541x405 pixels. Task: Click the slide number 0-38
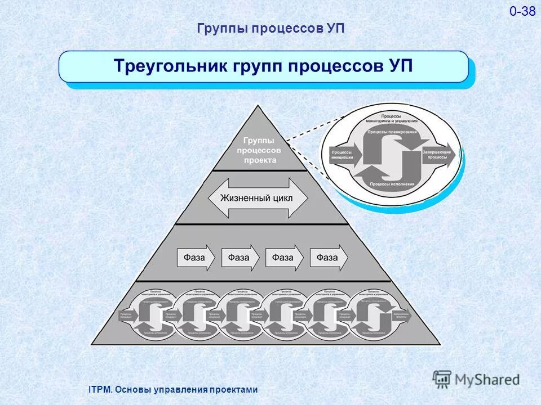point(522,11)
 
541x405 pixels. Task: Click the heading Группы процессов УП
point(270,29)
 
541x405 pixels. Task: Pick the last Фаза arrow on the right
point(329,258)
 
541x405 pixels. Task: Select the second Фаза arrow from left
point(241,258)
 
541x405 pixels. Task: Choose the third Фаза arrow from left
point(285,258)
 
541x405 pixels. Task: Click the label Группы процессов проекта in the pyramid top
point(260,150)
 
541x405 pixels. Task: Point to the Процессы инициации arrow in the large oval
point(342,155)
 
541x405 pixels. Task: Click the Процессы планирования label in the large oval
point(392,133)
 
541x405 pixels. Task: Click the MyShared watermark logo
point(476,379)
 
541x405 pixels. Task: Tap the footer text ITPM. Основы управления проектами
point(174,389)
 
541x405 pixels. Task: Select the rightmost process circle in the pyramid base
point(373,313)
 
